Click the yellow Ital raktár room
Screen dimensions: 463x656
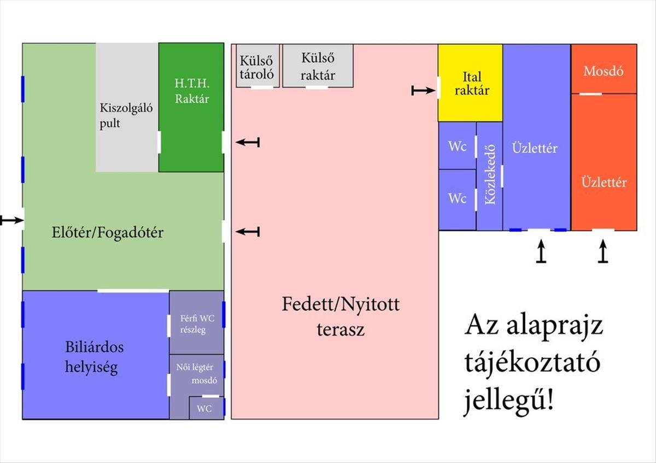pyautogui.click(x=470, y=83)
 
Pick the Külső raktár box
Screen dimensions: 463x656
pyautogui.click(x=318, y=66)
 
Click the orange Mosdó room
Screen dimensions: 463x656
pyautogui.click(x=604, y=71)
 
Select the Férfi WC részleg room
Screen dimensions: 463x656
pyautogui.click(x=196, y=324)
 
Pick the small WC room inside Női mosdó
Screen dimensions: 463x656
pyautogui.click(x=204, y=408)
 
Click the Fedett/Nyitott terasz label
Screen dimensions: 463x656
pyautogui.click(x=340, y=317)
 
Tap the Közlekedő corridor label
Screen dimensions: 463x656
pyautogui.click(x=490, y=174)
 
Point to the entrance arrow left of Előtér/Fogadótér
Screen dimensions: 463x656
pyautogui.click(x=10, y=220)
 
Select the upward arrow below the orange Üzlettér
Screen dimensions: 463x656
pyautogui.click(x=603, y=253)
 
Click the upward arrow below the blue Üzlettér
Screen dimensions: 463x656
pyautogui.click(x=541, y=253)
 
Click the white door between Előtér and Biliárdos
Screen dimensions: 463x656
pyautogui.click(x=133, y=290)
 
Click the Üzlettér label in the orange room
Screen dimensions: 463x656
pyautogui.click(x=604, y=182)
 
